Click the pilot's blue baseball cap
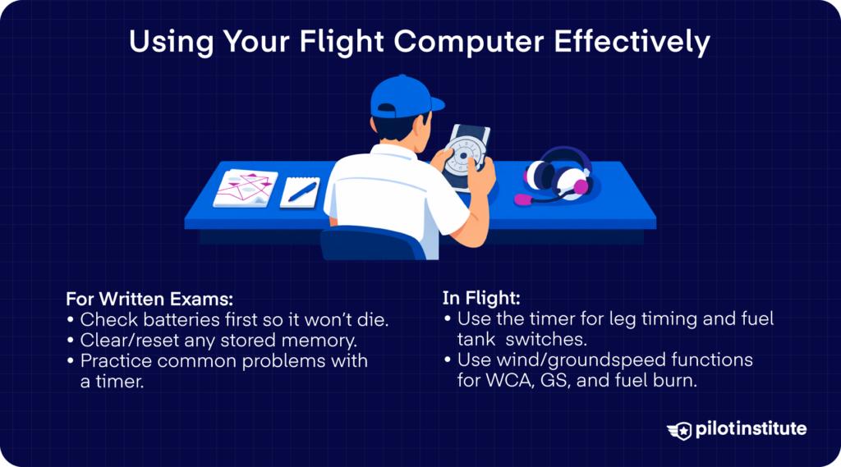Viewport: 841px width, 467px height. pyautogui.click(x=401, y=97)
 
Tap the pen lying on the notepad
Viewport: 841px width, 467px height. pyautogui.click(x=301, y=192)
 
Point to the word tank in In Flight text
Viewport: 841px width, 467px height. pyautogui.click(x=478, y=340)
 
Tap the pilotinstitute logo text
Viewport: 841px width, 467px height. pyautogui.click(x=750, y=429)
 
